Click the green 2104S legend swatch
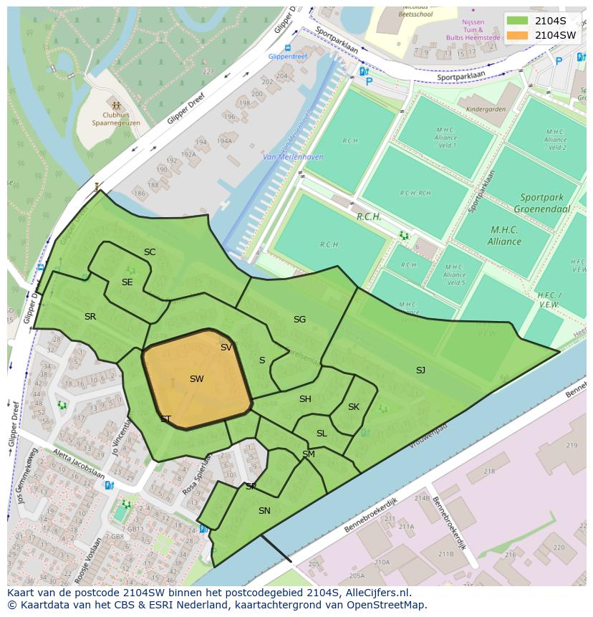517,21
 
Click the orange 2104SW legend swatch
517,35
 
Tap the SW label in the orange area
197,379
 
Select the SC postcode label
150,252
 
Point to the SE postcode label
127,282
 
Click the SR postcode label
90,317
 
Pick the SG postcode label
299,320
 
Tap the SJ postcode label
420,370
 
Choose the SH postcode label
305,399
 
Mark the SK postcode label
354,407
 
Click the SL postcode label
322,434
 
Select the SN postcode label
264,511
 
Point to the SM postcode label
309,454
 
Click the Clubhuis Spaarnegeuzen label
116,118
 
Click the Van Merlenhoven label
293,157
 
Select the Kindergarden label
486,110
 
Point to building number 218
489,472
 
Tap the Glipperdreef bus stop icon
287,48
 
